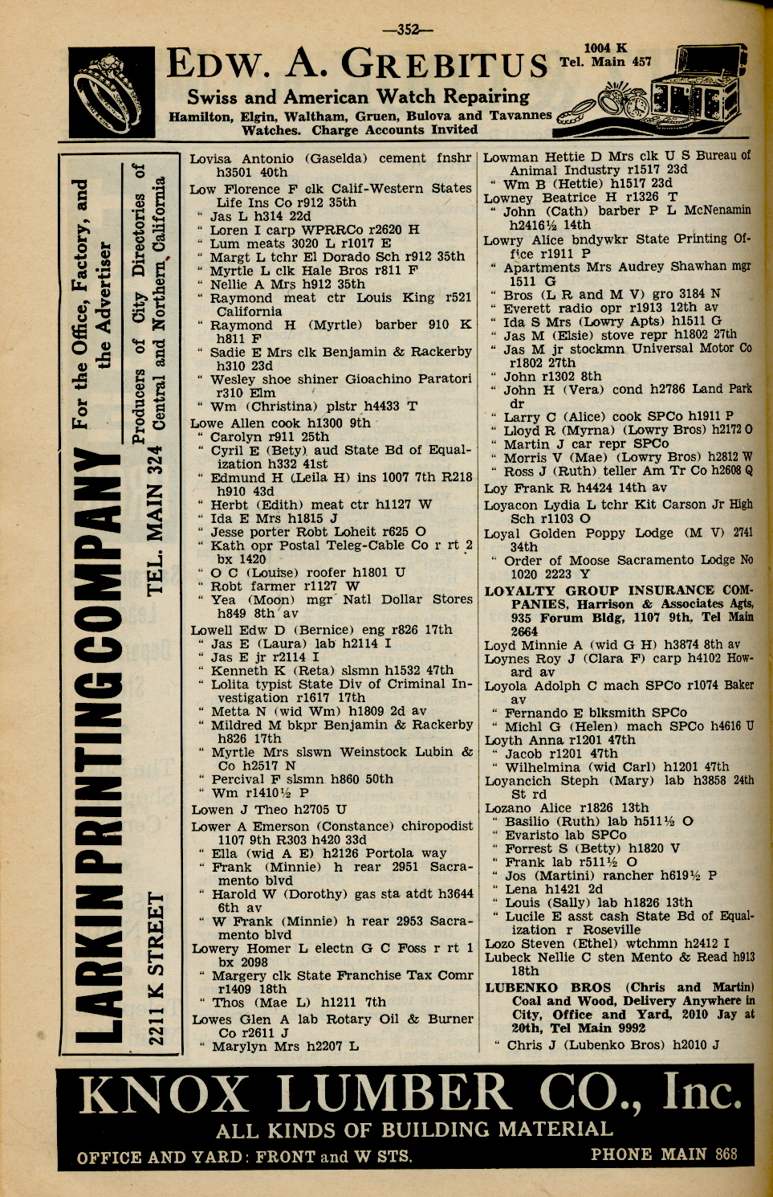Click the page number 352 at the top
click(x=409, y=30)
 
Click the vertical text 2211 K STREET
click(x=156, y=963)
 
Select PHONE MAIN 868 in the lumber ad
click(x=663, y=1154)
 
